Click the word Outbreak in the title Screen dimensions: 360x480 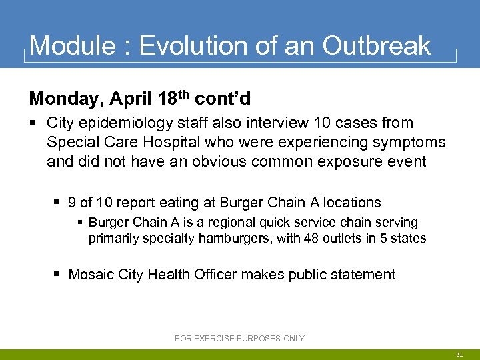pos(377,45)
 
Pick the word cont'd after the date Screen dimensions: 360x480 pos(223,99)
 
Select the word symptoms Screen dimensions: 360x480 pos(405,142)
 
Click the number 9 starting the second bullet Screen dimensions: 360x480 pos(72,203)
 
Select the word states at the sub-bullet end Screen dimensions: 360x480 pos(409,238)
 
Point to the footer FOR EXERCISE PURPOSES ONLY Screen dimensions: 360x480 pos(239,339)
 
